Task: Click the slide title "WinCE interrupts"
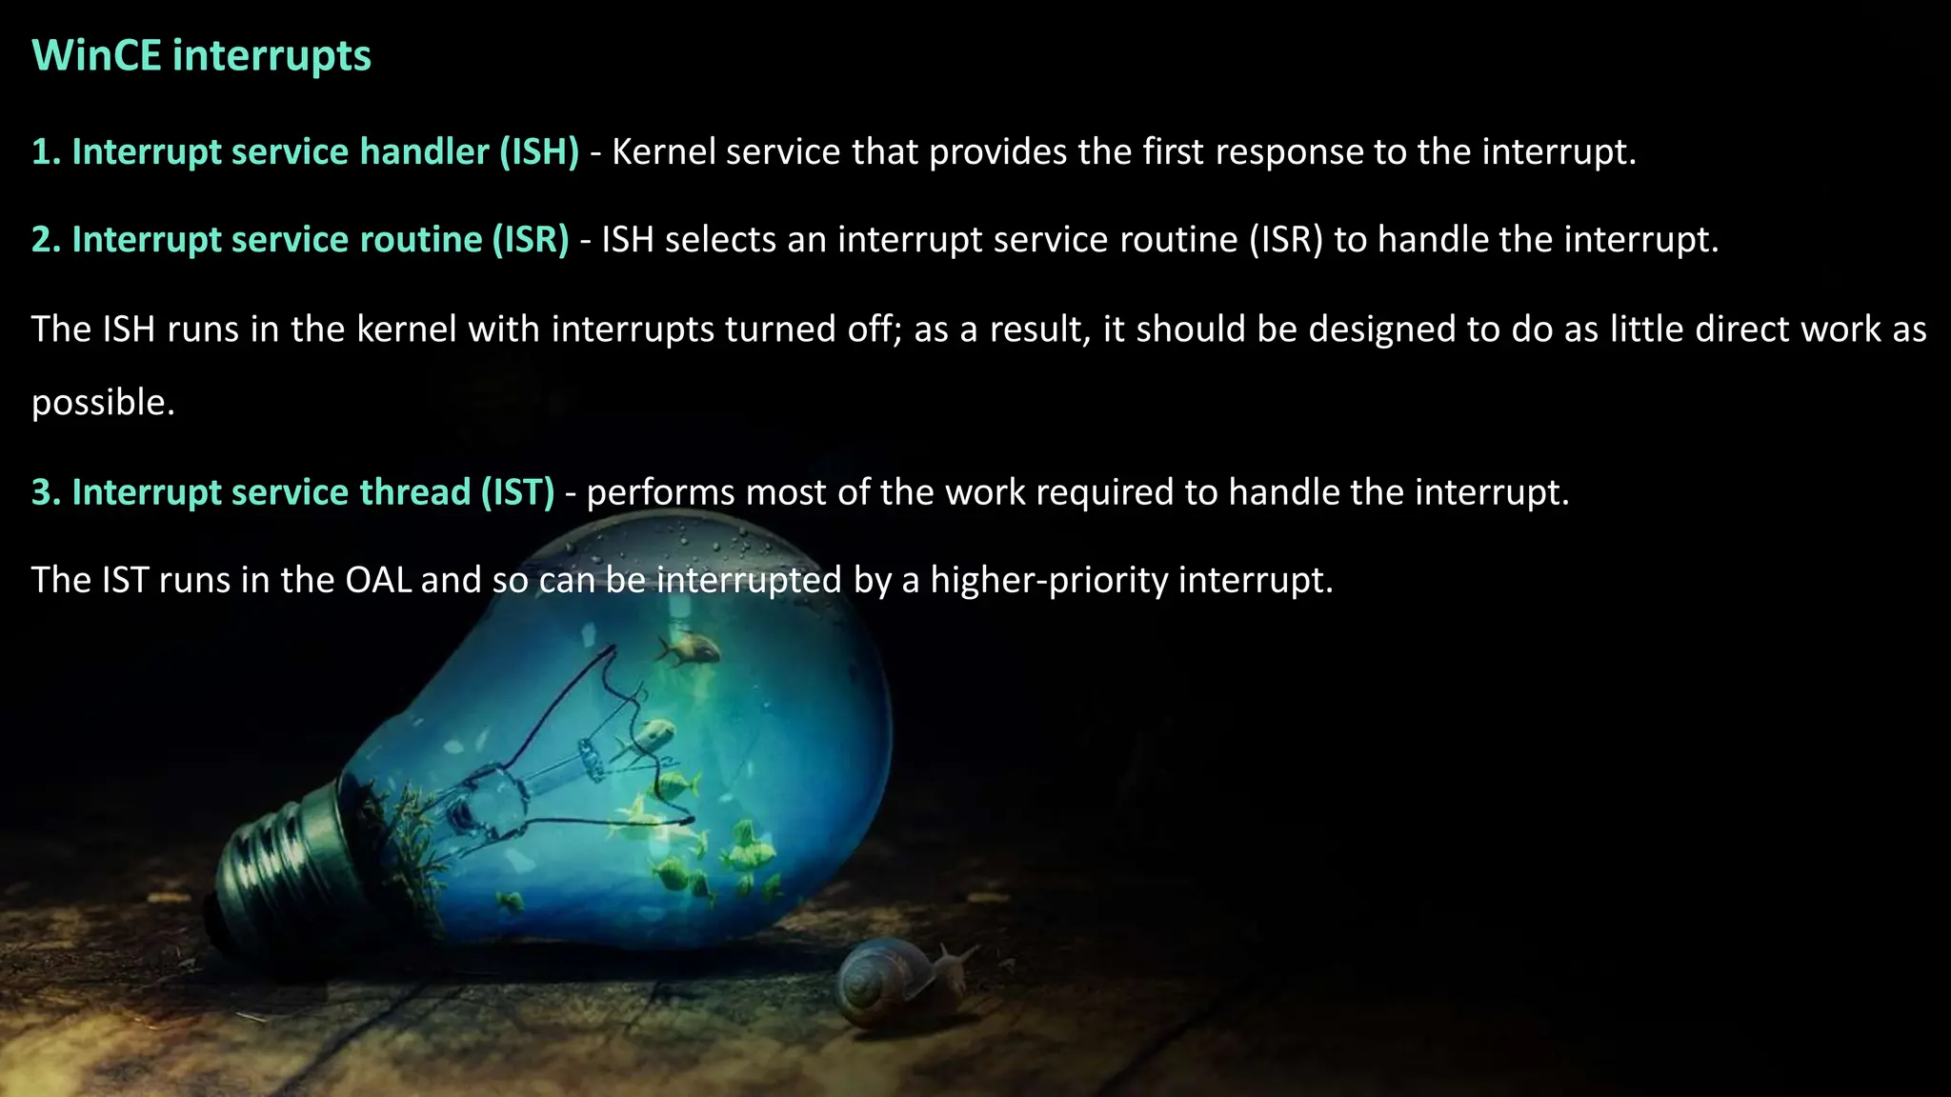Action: click(x=201, y=55)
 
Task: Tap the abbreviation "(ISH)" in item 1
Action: click(x=539, y=152)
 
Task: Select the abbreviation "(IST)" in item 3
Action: click(x=517, y=492)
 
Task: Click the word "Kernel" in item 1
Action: click(x=663, y=152)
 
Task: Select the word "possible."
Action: click(x=103, y=403)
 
